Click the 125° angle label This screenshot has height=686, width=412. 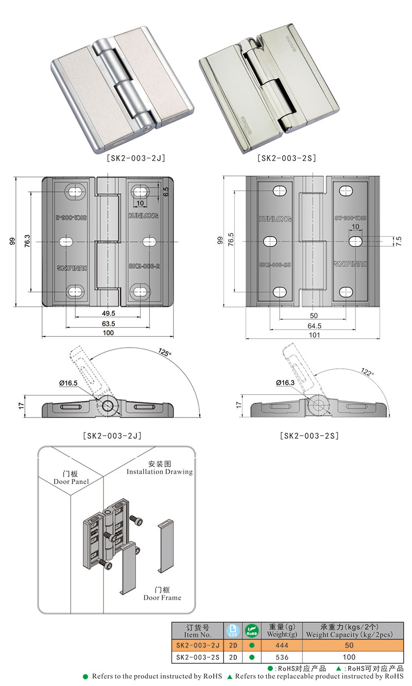(166, 354)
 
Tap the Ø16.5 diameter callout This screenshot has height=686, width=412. (68, 383)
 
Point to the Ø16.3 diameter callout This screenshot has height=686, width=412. (285, 383)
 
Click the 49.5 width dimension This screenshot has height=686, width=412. (108, 313)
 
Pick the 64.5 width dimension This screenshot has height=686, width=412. (314, 326)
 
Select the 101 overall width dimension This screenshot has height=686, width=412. (314, 335)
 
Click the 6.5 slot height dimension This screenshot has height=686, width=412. (166, 192)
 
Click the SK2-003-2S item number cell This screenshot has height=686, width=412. (198, 657)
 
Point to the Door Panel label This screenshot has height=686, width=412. (71, 478)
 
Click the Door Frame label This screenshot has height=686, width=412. (162, 594)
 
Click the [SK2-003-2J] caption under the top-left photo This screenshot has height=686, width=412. (135, 158)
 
